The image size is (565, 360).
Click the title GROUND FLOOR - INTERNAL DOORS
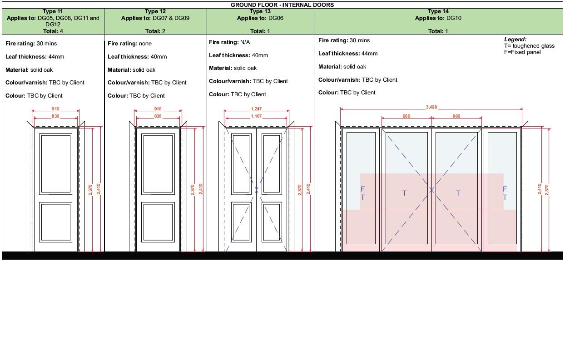tap(282, 5)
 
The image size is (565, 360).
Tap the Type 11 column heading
tap(53, 11)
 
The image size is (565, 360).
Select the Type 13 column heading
tap(260, 11)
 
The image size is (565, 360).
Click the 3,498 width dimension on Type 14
tap(431, 107)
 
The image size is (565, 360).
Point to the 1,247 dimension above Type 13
tap(256, 109)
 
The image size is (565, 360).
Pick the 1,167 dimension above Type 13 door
tap(256, 116)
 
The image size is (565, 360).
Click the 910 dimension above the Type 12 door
tap(158, 109)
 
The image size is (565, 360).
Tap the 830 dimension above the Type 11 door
tap(55, 116)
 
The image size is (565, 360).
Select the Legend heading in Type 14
tap(515, 39)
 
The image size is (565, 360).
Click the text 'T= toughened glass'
tap(529, 46)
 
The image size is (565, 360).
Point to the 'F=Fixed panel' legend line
tap(522, 52)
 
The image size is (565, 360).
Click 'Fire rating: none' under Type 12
tap(129, 44)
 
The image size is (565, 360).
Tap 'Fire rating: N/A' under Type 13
tap(229, 42)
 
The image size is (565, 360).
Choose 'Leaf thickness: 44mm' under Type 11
tap(35, 56)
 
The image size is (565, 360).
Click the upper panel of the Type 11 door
tap(56, 164)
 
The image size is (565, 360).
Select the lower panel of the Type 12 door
tap(158, 222)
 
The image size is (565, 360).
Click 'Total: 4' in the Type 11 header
tap(53, 31)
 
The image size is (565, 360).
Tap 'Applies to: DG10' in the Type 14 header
tap(438, 18)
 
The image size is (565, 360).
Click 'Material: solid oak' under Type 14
tap(342, 67)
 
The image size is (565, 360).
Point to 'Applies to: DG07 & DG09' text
tap(155, 18)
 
